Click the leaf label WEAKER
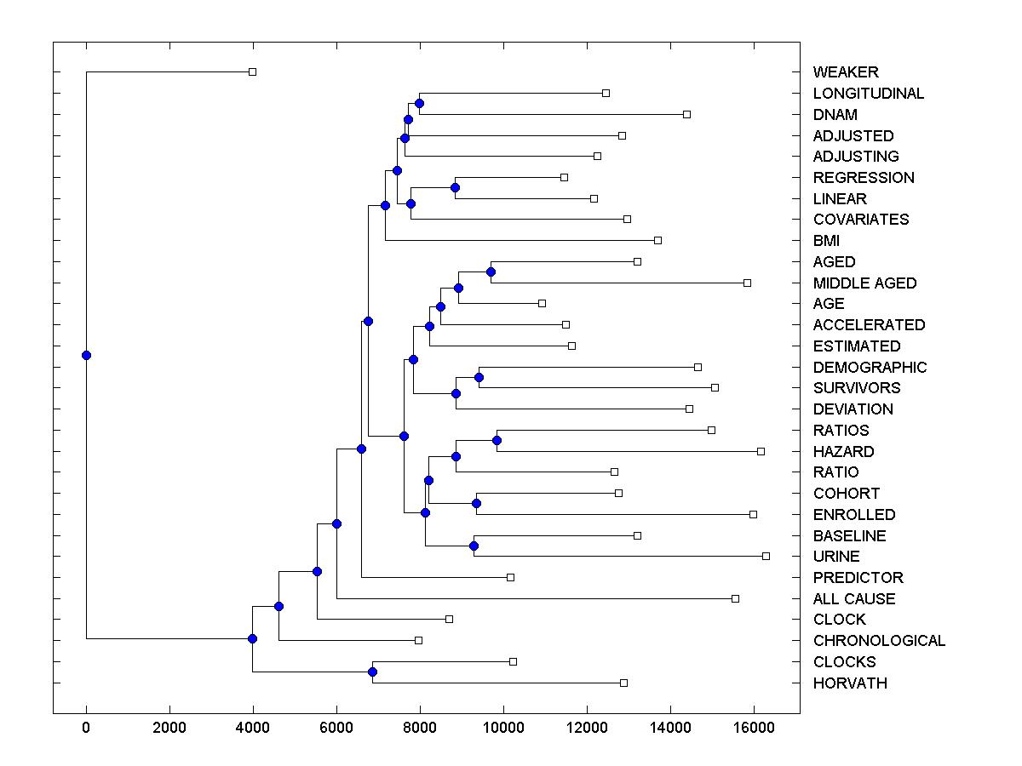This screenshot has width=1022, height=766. (x=846, y=72)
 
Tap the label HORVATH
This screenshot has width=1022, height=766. (x=850, y=683)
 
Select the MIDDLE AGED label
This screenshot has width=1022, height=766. (x=864, y=283)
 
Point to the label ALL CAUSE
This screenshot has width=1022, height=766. (x=854, y=599)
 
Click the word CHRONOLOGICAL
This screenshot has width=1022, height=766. (x=879, y=641)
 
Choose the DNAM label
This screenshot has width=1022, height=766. (x=835, y=115)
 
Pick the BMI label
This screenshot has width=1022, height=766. (x=826, y=241)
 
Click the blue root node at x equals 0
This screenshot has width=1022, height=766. (x=86, y=355)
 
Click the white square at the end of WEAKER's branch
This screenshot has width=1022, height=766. (x=252, y=72)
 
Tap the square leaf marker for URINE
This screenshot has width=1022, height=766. (x=766, y=556)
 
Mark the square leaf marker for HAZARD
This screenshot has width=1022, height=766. (x=761, y=451)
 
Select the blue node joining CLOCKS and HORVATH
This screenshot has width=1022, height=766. (x=372, y=672)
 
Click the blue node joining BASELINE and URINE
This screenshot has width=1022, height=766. (x=474, y=546)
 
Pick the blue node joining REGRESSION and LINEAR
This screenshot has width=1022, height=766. (x=455, y=187)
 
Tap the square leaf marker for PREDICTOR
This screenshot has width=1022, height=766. (x=510, y=577)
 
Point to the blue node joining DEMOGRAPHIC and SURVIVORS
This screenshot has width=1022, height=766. (x=479, y=377)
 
